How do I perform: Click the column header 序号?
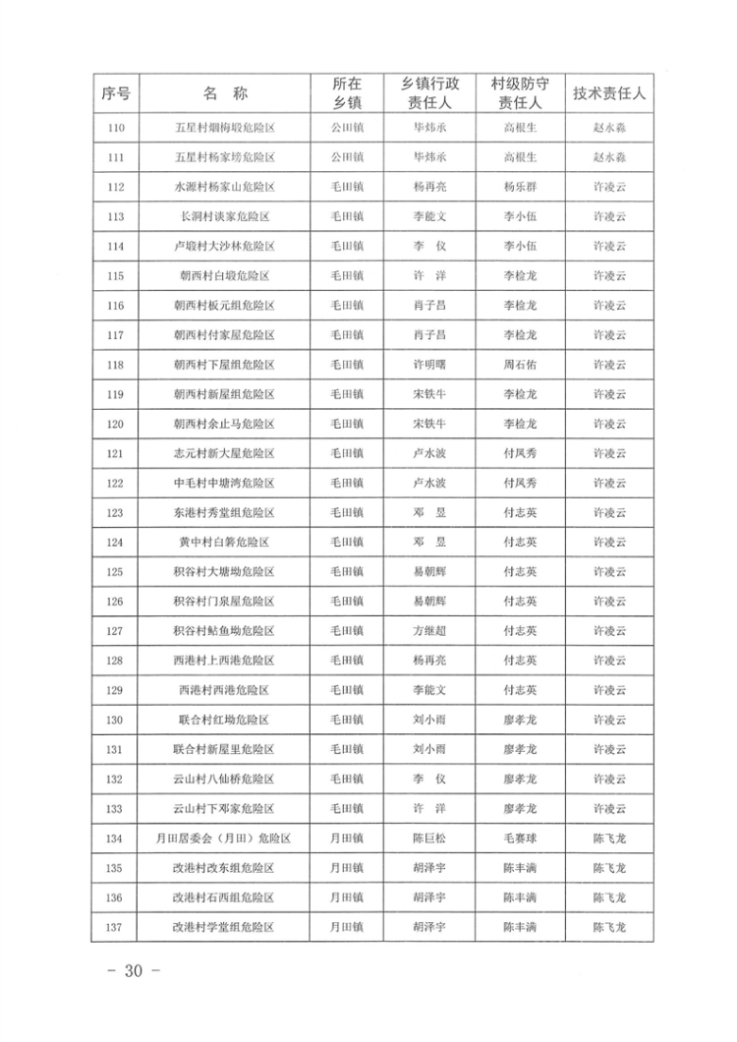[116, 94]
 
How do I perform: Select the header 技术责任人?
[609, 94]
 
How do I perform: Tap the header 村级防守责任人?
[519, 94]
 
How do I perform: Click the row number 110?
[116, 127]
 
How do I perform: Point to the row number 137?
[116, 927]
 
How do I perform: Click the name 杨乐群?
[519, 187]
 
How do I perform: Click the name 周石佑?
[519, 365]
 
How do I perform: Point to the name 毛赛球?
[519, 839]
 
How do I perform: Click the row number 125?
[116, 572]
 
